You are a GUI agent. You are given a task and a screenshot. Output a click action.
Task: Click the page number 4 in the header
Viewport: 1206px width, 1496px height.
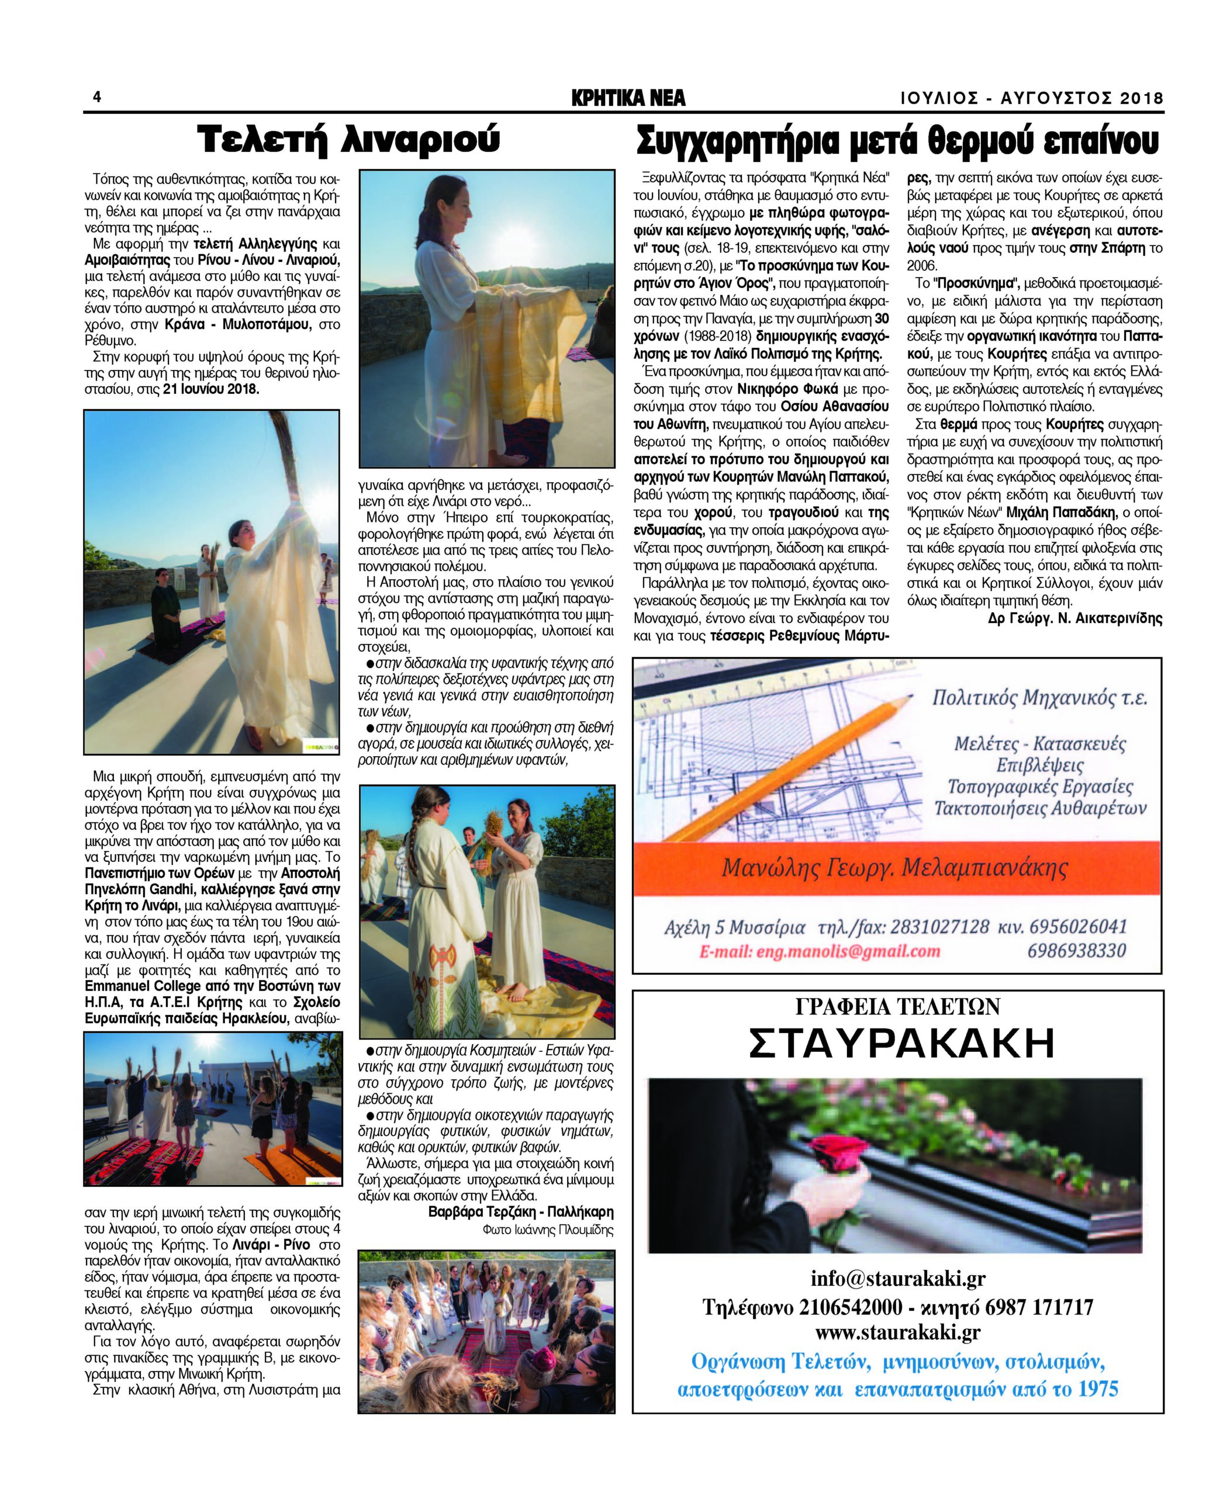(x=96, y=96)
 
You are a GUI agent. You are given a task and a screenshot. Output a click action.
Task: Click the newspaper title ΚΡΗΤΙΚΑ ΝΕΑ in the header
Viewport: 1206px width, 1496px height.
(x=628, y=98)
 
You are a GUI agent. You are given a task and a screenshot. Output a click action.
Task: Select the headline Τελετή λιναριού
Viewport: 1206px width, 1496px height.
(x=349, y=140)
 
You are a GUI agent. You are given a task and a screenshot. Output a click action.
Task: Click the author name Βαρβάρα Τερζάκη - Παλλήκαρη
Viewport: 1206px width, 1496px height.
(x=521, y=1212)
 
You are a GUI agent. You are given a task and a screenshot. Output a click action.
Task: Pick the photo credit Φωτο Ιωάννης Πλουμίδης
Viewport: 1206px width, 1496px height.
(x=548, y=1230)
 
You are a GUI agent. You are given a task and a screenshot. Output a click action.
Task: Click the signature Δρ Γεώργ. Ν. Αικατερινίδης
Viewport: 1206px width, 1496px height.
(x=1074, y=618)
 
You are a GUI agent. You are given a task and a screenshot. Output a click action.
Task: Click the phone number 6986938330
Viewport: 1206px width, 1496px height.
(x=1076, y=951)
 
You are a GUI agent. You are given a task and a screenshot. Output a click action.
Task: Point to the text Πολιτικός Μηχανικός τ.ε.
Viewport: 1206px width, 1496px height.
(x=1039, y=698)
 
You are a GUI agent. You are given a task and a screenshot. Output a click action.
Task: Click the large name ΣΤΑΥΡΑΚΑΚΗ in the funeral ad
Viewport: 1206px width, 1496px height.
(x=901, y=1044)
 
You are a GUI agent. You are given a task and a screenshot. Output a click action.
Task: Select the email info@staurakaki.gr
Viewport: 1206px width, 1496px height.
(x=897, y=1278)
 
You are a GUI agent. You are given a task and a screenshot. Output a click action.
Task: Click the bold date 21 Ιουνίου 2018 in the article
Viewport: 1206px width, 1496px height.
(x=211, y=389)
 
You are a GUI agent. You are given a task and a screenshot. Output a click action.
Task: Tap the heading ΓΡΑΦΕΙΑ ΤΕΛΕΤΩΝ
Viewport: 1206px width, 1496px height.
(x=897, y=1006)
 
